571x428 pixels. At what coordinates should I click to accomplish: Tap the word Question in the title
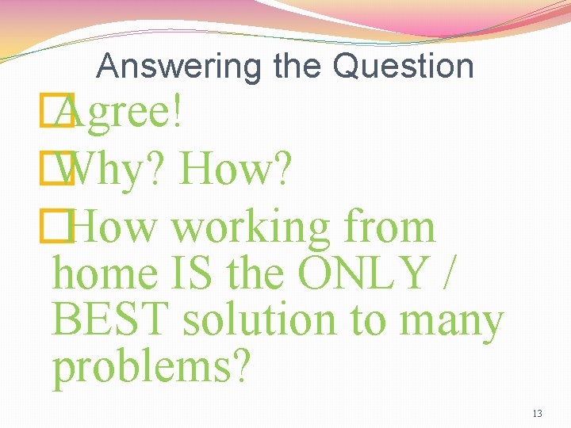[404, 67]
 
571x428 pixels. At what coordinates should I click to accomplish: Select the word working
[252, 227]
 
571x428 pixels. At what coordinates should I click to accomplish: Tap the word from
[390, 227]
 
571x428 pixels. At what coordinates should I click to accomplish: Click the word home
[105, 273]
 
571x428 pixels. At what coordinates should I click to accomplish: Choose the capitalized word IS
[192, 273]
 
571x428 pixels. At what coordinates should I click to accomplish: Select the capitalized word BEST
[112, 320]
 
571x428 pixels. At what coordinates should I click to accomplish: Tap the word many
[452, 322]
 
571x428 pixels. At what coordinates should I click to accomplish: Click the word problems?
[151, 367]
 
